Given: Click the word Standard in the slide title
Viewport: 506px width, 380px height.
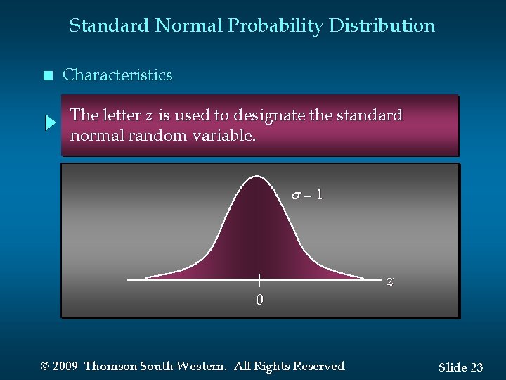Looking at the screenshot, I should (109, 26).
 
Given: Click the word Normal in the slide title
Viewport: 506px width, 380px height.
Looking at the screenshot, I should (188, 26).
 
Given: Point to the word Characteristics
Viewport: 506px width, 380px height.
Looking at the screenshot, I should (117, 75).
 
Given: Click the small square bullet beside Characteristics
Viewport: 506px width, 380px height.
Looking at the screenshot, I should (47, 76).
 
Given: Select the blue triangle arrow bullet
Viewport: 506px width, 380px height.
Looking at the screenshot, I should (50, 124).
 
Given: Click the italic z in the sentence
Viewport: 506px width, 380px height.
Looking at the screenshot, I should (148, 115).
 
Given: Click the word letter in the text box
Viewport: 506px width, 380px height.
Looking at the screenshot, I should (122, 115).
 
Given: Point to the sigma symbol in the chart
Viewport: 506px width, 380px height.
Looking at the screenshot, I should (297, 195).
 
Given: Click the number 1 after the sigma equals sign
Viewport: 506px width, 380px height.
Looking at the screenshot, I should (319, 195).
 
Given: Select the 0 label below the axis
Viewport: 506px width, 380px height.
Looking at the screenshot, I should (259, 300).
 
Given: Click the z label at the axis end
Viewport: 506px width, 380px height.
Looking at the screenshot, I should (390, 280).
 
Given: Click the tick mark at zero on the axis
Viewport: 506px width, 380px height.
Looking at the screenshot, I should (259, 279).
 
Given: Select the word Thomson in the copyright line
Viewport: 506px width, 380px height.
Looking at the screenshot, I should (112, 366).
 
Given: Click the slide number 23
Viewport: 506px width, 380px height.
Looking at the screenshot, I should (476, 367).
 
